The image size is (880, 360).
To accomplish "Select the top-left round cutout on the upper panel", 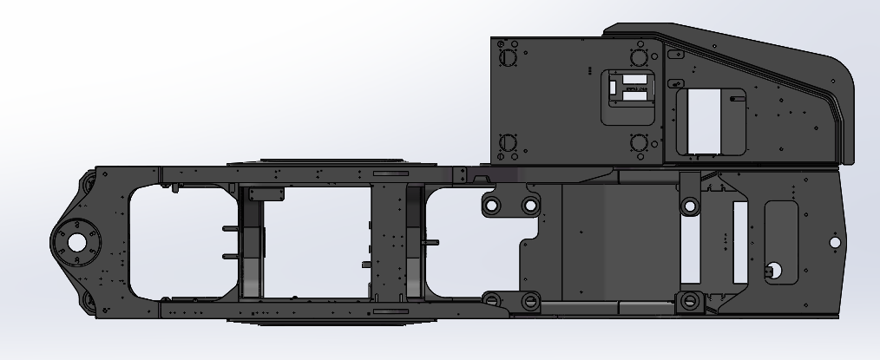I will (508, 57).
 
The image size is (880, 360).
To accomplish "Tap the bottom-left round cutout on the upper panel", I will (508, 143).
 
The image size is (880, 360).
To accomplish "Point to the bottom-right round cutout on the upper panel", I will (640, 142).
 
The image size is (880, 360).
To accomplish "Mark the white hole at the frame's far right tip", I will (835, 242).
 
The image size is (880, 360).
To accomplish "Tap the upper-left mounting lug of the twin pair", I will (491, 206).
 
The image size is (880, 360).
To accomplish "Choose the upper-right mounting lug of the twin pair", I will (529, 206).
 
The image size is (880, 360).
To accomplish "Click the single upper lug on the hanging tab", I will (690, 206).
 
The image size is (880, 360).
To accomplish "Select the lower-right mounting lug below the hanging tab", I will (690, 301).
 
